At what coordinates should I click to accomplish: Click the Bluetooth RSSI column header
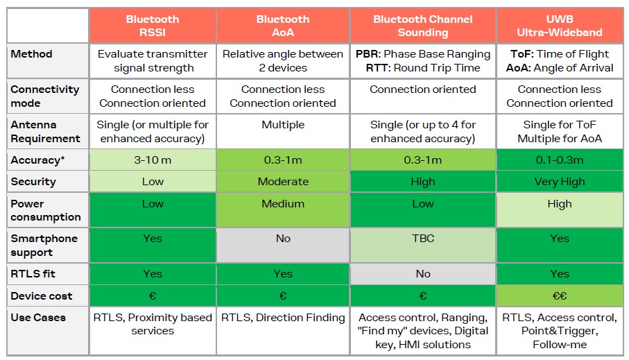tap(153, 26)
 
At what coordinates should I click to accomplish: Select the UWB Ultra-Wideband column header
tap(560, 26)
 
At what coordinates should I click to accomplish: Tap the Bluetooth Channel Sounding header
tap(423, 26)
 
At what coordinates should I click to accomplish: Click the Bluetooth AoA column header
tap(283, 26)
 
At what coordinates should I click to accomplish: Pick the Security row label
tap(33, 182)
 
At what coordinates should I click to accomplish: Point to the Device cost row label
tap(42, 296)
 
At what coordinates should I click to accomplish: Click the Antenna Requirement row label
tap(45, 132)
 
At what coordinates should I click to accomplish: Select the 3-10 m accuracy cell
tap(153, 160)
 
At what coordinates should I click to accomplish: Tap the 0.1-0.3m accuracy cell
tap(560, 160)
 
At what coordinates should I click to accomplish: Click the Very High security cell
tap(560, 182)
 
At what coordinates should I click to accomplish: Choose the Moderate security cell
tap(283, 182)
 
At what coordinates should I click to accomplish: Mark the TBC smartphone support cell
tap(423, 239)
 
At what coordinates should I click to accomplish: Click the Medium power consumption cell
tap(283, 204)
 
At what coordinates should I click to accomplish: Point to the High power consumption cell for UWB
tap(560, 204)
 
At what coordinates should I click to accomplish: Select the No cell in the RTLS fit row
tap(423, 273)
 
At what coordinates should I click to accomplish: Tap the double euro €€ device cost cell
tap(560, 296)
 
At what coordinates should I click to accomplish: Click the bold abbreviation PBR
tap(368, 54)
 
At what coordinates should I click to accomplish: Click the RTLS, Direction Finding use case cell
tap(283, 318)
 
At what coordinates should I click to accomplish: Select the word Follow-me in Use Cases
tap(560, 345)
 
